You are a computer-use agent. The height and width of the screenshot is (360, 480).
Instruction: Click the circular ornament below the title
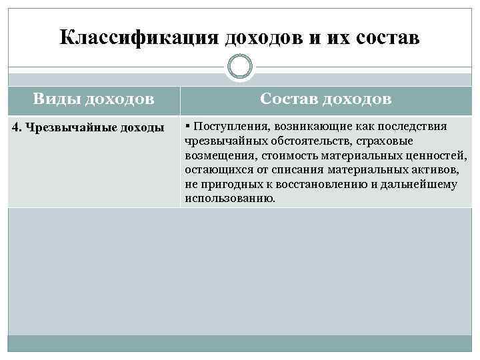coord(240,67)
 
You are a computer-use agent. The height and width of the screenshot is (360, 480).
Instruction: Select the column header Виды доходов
coord(93,99)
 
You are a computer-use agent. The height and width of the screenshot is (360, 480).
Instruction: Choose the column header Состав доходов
coord(326,99)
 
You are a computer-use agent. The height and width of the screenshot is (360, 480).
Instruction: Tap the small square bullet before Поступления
coord(189,125)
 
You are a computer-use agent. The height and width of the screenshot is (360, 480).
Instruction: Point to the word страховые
coord(381,141)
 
